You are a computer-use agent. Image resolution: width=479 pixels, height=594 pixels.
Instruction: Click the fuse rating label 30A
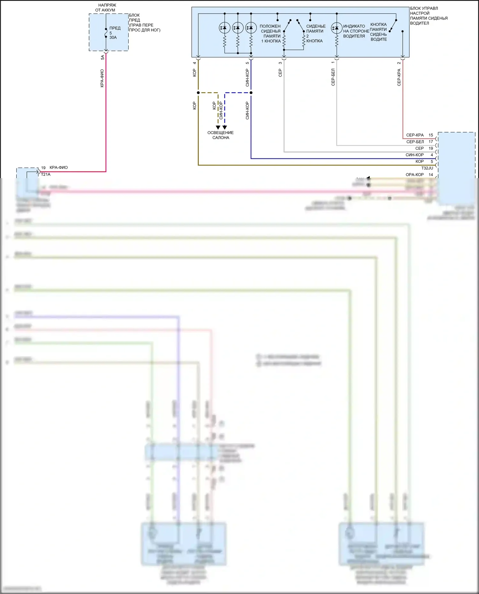pos(113,38)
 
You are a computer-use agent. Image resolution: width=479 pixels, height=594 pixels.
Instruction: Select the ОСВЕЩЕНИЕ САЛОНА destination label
pos(221,135)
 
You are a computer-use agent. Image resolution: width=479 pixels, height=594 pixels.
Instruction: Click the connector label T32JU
pos(427,168)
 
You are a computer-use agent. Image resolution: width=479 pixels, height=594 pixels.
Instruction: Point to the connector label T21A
pos(46,175)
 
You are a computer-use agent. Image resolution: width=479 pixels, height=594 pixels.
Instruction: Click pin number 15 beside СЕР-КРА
pos(431,135)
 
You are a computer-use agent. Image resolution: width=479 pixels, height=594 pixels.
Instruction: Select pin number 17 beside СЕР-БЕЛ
pos(431,142)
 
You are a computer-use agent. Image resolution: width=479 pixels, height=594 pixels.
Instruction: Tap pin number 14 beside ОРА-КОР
pos(431,175)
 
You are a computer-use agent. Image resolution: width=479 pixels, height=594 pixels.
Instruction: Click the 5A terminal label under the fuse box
pos(103,57)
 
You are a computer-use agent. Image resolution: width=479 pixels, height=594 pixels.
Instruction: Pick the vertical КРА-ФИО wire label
pos(102,78)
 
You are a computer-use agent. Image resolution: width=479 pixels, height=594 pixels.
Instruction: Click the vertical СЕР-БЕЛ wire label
pos(333,77)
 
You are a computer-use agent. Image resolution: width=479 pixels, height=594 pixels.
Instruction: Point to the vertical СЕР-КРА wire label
pos(399,78)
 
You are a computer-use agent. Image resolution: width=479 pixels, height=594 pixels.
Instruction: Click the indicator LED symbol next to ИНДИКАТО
pos(337,28)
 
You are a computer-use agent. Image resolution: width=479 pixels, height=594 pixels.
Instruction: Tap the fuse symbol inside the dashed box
pos(106,33)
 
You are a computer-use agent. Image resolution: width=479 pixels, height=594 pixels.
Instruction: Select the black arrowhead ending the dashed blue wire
pos(225,127)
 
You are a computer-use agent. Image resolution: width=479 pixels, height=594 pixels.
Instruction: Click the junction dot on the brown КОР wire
pos(198,93)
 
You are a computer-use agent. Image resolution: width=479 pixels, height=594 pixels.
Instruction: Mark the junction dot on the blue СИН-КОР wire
pos(251,93)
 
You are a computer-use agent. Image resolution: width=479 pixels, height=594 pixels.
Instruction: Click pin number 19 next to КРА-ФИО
pos(43,168)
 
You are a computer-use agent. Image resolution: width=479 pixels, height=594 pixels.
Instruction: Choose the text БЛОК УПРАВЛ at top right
pos(424,8)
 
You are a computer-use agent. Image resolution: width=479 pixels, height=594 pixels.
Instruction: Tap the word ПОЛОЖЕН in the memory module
pos(270,26)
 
